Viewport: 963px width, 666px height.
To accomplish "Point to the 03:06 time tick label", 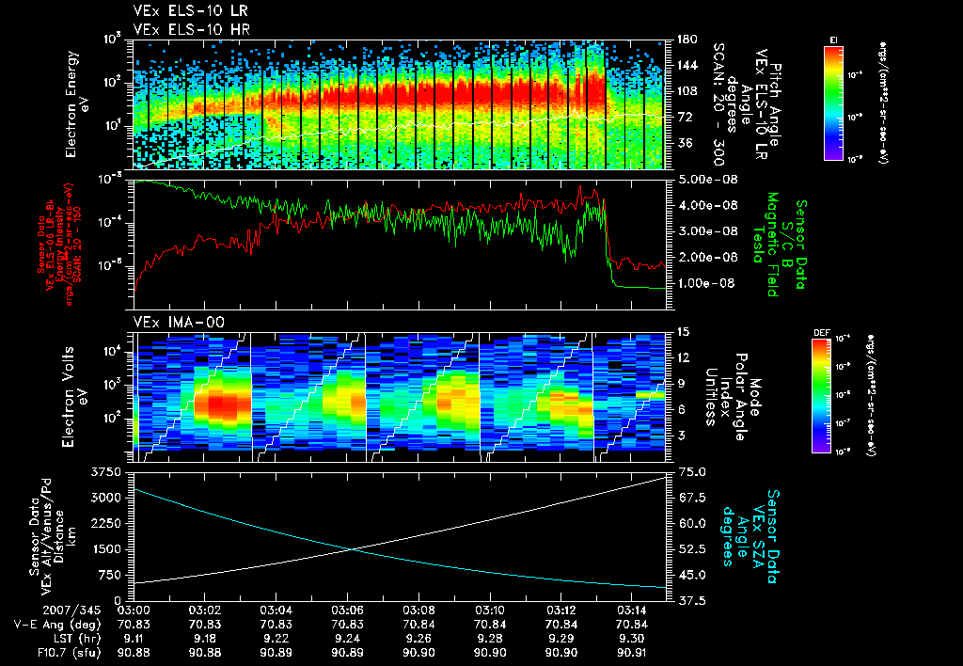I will [347, 610].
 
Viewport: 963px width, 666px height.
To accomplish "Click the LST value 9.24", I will [347, 638].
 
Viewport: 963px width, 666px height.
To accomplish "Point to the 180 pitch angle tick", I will [684, 40].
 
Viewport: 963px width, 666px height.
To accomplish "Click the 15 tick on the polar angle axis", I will [681, 331].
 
